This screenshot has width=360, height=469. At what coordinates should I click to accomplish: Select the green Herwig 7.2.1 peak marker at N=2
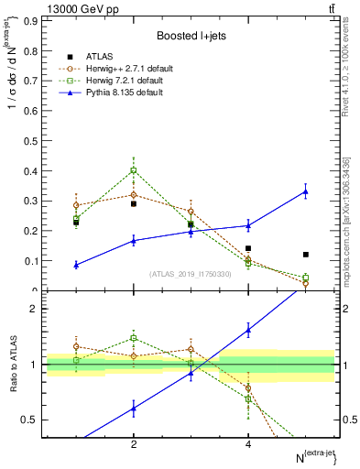134,170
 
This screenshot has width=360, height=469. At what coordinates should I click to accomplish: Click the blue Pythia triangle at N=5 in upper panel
306,191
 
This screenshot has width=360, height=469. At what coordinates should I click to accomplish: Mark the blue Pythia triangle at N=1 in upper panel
76,265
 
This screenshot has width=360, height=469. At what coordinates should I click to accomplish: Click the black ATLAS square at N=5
306,255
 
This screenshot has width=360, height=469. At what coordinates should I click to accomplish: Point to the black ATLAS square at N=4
248,248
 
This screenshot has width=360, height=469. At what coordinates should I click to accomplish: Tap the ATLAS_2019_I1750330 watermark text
191,274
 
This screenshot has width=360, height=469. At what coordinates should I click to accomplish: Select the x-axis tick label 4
248,444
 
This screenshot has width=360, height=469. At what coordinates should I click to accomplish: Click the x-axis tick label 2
134,444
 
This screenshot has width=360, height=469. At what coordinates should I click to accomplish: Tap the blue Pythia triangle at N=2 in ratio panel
134,409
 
